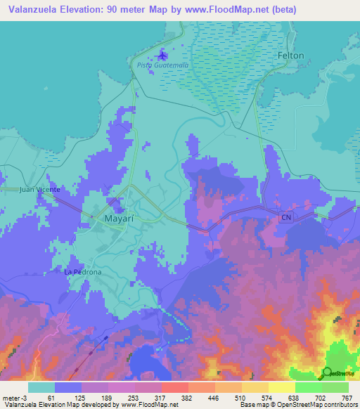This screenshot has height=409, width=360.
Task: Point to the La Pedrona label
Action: click(83, 272)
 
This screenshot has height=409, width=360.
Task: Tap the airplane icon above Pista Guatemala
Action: click(164, 54)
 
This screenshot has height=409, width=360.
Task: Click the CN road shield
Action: click(285, 218)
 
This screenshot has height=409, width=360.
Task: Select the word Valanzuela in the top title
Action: click(39, 10)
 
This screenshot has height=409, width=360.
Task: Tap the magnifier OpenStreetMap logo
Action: click(326, 372)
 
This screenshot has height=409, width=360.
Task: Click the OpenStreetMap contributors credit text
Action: click(312, 404)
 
